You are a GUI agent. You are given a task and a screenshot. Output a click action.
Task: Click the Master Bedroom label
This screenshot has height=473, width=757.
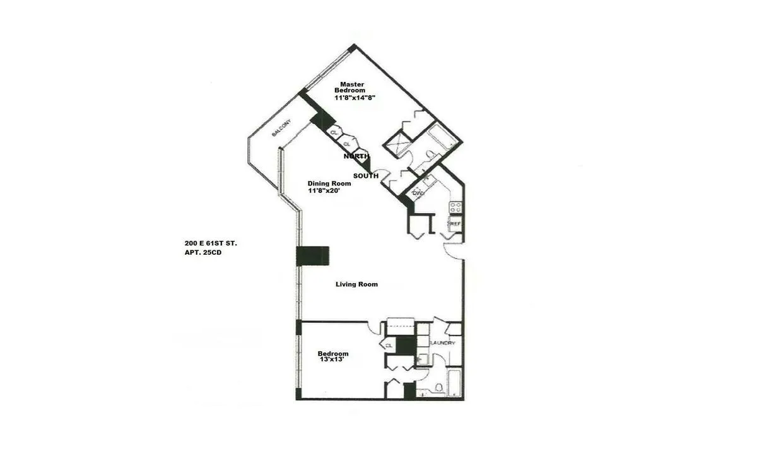[x=353, y=87]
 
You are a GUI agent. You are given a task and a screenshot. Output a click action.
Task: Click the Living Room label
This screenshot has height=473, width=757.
[x=356, y=284]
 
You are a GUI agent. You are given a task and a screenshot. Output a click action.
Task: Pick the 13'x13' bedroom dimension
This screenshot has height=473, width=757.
[x=334, y=360]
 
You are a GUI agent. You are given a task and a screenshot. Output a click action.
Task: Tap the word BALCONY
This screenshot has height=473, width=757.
[x=282, y=129]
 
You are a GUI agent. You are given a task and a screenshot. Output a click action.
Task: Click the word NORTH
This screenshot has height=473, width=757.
[x=356, y=156]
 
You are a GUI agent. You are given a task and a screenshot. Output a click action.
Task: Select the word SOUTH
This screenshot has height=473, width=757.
[x=366, y=176]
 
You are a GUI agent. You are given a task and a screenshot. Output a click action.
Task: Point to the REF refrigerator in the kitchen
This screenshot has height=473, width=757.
[x=454, y=224]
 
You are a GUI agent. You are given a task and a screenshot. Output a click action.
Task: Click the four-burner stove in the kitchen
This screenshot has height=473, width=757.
[x=455, y=207]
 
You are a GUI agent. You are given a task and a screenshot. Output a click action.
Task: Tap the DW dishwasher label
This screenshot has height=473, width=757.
[x=418, y=194]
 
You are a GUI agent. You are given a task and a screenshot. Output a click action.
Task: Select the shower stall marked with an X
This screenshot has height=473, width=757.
[x=399, y=144]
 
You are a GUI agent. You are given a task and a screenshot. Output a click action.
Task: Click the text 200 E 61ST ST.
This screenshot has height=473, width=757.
[x=211, y=243]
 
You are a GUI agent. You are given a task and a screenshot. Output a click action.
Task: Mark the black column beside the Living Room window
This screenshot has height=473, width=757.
[x=313, y=256]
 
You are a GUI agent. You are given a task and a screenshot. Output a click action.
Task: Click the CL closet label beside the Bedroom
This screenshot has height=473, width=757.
[x=389, y=346]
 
